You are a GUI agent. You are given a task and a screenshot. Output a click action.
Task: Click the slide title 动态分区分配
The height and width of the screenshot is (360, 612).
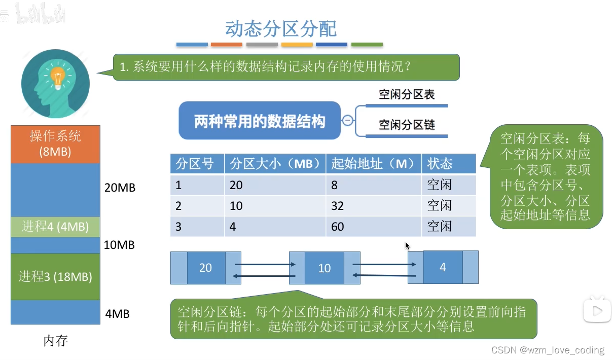coord(280,28)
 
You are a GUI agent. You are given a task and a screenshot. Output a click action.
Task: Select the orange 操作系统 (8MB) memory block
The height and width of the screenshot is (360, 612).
coord(55,144)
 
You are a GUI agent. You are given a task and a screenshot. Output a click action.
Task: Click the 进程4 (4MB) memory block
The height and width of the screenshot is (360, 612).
coord(55,227)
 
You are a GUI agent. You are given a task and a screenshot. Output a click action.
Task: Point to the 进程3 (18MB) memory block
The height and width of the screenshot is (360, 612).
coord(55,276)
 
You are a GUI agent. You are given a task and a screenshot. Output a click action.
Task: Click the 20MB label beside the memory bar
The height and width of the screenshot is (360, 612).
coord(120,188)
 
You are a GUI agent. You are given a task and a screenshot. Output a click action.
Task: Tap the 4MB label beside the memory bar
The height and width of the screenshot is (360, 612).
coord(118,314)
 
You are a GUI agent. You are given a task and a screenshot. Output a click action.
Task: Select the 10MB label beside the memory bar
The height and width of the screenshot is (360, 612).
coord(119,245)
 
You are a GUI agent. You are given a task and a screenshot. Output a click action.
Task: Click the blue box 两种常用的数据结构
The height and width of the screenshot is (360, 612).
coord(260,121)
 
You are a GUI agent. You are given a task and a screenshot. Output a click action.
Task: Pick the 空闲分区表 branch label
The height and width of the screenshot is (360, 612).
coord(407,94)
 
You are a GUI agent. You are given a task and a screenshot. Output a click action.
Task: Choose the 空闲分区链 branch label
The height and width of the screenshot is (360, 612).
coord(407,125)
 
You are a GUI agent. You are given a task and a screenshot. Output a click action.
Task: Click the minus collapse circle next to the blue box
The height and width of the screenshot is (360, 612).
coord(348,120)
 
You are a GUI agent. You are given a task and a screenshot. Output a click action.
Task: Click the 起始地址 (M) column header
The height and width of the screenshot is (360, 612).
coord(374,164)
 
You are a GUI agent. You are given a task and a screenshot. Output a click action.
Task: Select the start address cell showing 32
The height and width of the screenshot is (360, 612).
coord(374,206)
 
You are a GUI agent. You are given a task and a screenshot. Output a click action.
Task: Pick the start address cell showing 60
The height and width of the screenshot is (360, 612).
coord(374,227)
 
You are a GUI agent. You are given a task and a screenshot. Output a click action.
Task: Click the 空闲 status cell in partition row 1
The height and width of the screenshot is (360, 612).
coord(449,185)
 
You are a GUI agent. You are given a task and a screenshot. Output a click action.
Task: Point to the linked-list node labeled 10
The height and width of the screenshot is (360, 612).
coord(325,268)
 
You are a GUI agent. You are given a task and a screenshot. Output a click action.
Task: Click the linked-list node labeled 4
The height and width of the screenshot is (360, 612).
coord(443,267)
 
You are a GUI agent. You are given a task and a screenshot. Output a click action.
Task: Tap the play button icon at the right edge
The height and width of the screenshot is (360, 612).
coord(597,311)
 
